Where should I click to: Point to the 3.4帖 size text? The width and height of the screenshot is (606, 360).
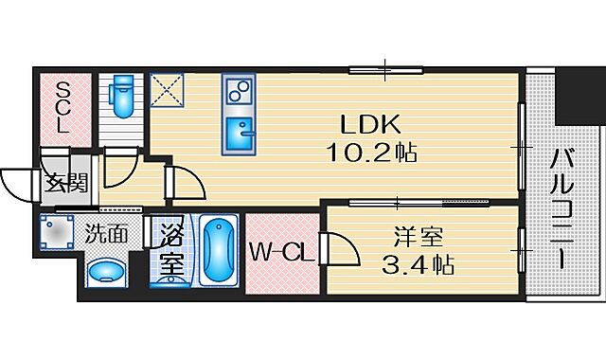[x=419, y=263]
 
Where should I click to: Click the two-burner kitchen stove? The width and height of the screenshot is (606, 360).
[x=237, y=93]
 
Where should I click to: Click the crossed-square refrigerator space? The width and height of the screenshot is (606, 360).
[x=173, y=91]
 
